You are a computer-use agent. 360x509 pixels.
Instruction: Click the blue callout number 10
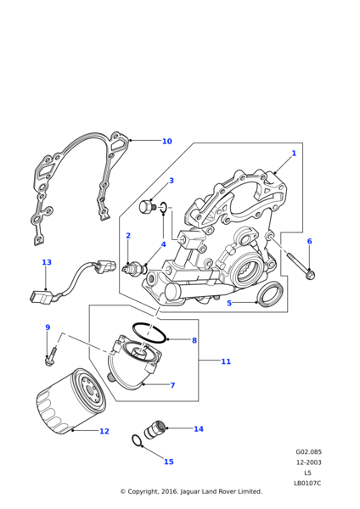click(166, 141)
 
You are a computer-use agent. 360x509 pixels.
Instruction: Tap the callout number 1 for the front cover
click(294, 153)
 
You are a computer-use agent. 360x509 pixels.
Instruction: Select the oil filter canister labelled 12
click(70, 401)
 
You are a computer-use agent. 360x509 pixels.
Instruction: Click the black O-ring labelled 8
click(149, 333)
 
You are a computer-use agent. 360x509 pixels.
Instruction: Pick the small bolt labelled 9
click(52, 357)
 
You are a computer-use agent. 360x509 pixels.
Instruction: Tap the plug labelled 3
click(148, 207)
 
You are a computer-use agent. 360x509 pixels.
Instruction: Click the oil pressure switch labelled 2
click(133, 268)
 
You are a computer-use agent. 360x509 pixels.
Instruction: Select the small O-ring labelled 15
click(137, 441)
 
